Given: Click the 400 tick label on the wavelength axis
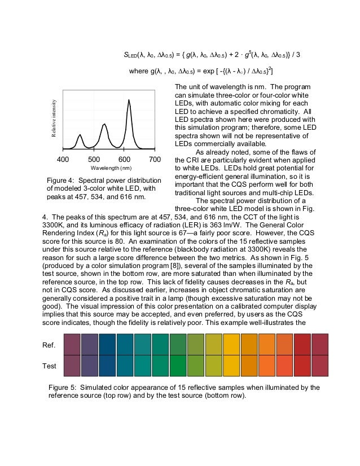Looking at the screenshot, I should pos(63,159).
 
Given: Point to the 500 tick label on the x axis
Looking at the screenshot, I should pos(94,159).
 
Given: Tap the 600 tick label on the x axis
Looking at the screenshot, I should pos(125,159).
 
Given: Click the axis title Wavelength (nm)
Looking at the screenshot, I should pos(111,168).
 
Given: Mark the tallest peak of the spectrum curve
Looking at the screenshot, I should pos(129,100).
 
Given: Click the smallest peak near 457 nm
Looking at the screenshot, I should pos(80,135).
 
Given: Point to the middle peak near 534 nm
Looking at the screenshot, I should pos(104,124).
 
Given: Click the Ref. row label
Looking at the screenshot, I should pos(50,344).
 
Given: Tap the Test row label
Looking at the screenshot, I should pos(50,366).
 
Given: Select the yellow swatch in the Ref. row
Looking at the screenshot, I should pos(214,344).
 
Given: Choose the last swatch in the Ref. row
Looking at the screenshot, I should pos(320,344).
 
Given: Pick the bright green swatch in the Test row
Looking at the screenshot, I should pos(179,366).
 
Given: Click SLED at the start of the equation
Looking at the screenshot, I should pos(131,55).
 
